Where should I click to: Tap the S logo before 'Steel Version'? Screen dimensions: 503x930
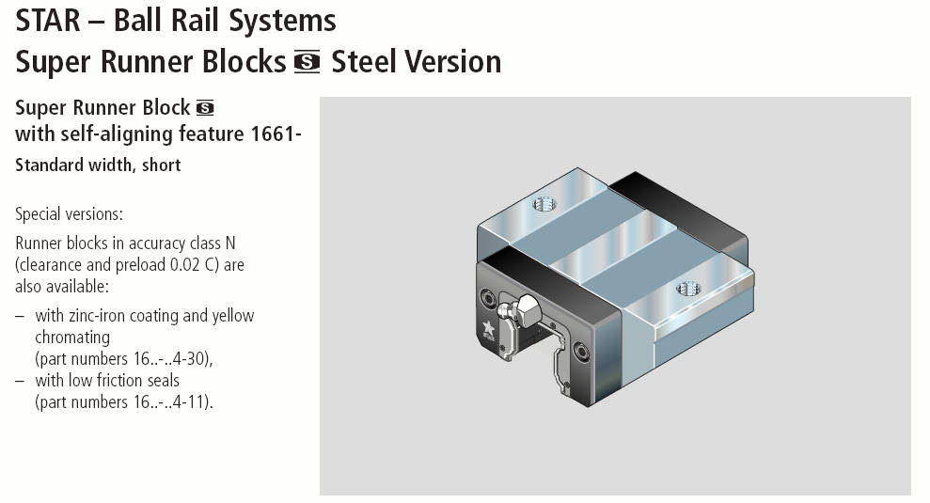(x=307, y=63)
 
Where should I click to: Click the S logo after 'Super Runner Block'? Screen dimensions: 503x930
(x=205, y=107)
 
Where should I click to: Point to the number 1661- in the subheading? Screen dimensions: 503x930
(x=276, y=134)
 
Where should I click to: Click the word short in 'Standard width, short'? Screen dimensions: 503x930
(x=161, y=165)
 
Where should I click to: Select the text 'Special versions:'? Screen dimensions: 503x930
(x=70, y=213)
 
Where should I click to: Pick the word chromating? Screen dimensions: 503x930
(x=72, y=337)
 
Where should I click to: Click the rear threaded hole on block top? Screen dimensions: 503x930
(x=544, y=202)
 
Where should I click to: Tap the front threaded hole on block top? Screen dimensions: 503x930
(x=687, y=287)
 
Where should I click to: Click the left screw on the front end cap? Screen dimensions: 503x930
(x=488, y=297)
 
